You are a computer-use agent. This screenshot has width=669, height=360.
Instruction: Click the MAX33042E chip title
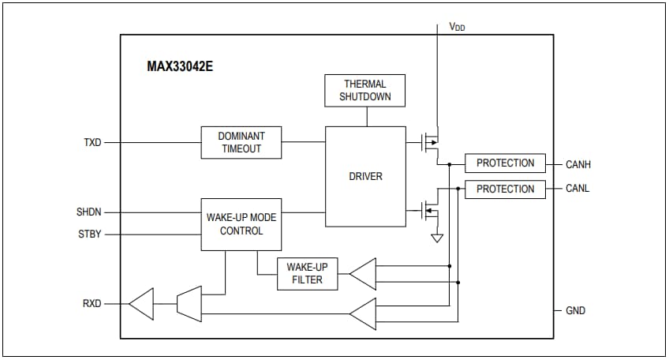180,66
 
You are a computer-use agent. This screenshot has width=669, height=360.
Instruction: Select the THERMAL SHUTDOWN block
365,91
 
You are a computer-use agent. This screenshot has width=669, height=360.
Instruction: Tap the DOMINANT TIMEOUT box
241,142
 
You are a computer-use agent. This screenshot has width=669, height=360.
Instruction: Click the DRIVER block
365,176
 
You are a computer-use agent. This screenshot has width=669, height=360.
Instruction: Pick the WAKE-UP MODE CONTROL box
241,224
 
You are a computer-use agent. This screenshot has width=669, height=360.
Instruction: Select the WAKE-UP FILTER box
305,273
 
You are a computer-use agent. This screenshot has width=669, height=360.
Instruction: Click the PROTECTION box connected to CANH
505,163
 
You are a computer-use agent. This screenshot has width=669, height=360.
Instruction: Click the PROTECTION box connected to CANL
505,189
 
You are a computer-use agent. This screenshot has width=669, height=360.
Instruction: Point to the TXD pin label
92,143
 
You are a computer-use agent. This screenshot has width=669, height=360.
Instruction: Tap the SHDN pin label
88,212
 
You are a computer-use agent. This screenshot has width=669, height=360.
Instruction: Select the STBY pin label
89,234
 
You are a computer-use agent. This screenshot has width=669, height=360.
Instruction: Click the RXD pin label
92,303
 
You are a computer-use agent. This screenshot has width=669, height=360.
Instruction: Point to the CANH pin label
578,164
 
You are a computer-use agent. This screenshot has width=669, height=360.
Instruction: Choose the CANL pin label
577,189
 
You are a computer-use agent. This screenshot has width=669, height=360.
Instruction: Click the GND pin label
576,310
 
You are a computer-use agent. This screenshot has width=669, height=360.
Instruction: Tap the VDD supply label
457,26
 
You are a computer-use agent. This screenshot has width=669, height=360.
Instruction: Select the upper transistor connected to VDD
428,142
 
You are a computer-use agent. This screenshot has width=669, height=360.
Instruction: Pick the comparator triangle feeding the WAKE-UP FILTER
362,273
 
